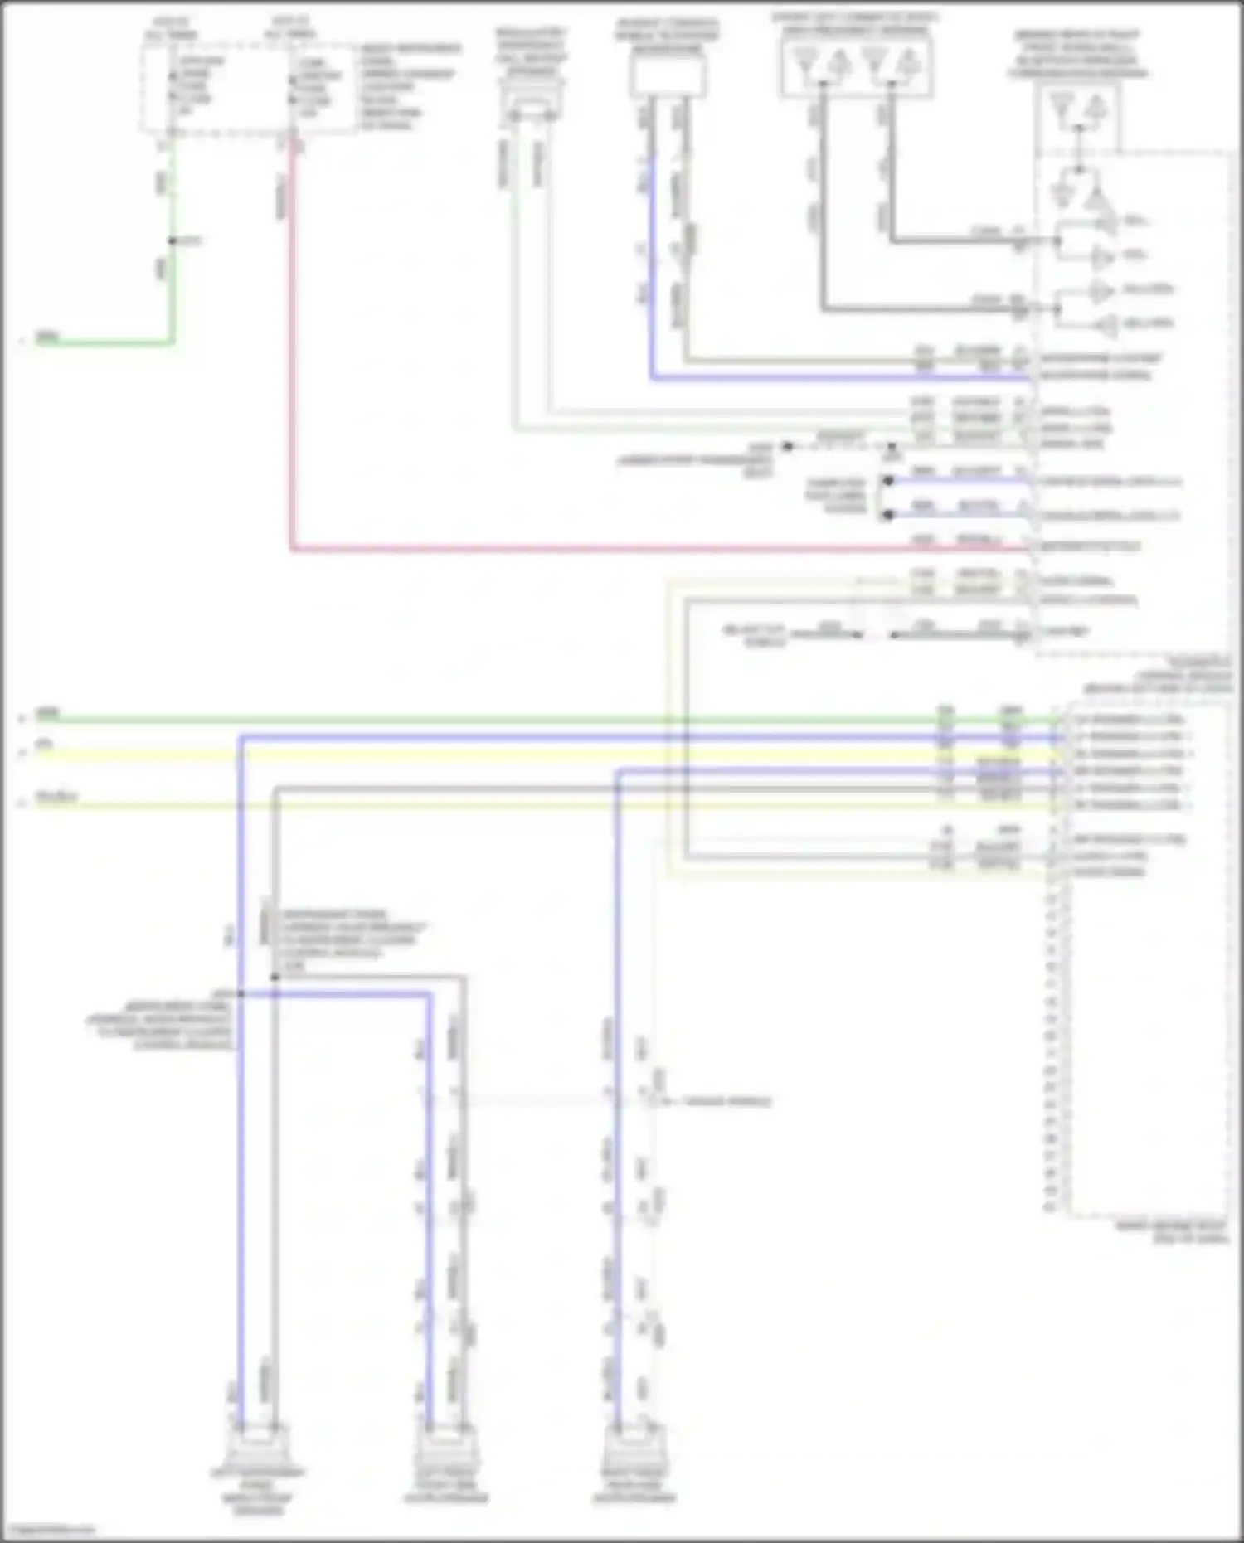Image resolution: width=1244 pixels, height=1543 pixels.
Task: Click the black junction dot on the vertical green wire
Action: (172, 241)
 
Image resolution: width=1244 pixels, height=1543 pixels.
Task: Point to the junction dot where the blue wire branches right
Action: (241, 993)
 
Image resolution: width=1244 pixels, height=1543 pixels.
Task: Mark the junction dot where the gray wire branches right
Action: (275, 977)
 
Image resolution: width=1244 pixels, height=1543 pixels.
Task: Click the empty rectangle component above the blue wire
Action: (668, 77)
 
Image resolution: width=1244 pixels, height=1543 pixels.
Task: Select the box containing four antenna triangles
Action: (856, 66)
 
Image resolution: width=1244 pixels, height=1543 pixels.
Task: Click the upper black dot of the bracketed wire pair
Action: (888, 481)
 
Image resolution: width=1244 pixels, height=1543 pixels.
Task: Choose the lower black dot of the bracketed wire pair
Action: (888, 515)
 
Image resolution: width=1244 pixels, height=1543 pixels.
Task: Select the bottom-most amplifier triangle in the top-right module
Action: (1104, 324)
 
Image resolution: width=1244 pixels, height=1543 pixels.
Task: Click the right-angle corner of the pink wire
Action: (293, 548)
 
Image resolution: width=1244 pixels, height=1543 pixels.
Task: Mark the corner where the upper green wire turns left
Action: (172, 342)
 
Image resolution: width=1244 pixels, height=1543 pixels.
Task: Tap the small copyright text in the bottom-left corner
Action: (49, 1529)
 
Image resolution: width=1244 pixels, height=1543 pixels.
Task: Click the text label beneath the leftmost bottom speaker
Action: (258, 1491)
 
